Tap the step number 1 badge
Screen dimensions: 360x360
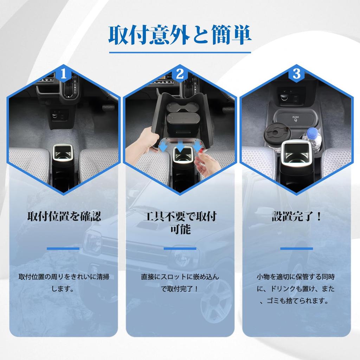[x=63, y=74]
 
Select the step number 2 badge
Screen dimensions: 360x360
[x=180, y=74]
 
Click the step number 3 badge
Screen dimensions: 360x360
[x=296, y=74]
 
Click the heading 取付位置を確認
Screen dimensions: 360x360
[x=64, y=216]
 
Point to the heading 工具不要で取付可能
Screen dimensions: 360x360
[x=180, y=223]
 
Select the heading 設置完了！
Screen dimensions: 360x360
[x=296, y=216]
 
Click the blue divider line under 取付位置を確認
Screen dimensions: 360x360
[x=63, y=249]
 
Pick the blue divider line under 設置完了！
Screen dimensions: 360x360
[x=296, y=249]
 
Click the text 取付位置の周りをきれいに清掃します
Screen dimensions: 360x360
[x=64, y=283]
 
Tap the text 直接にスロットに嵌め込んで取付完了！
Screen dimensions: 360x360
[x=180, y=283]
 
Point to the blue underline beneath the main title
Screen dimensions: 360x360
[x=180, y=53]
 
